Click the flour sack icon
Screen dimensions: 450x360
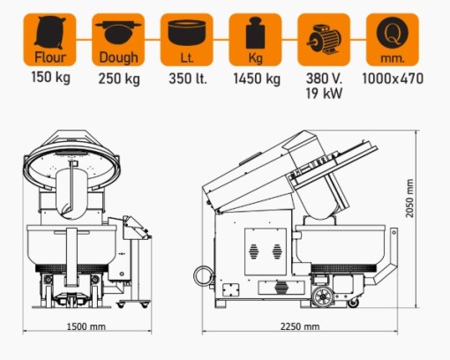click(x=49, y=32)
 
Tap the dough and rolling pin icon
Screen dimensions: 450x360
click(x=118, y=32)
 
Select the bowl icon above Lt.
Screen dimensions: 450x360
click(x=187, y=33)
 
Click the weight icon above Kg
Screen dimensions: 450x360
click(x=255, y=33)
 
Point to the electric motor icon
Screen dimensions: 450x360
click(x=324, y=39)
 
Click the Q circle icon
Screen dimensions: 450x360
click(x=393, y=33)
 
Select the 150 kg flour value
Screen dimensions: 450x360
click(x=50, y=78)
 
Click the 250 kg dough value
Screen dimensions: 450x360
click(x=119, y=79)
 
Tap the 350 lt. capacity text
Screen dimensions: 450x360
click(x=188, y=79)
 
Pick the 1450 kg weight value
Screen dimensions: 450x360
click(x=257, y=79)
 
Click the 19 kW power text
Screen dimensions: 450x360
click(x=324, y=94)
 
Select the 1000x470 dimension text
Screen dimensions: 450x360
click(x=393, y=79)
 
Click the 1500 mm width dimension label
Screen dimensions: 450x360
click(x=86, y=326)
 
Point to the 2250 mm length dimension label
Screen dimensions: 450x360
click(x=300, y=326)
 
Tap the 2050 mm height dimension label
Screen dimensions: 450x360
click(x=409, y=199)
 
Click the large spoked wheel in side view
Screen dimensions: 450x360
click(x=323, y=296)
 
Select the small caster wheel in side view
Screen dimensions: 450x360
click(x=353, y=303)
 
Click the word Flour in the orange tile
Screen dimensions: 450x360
click(x=50, y=57)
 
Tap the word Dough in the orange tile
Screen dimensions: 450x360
click(x=118, y=57)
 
